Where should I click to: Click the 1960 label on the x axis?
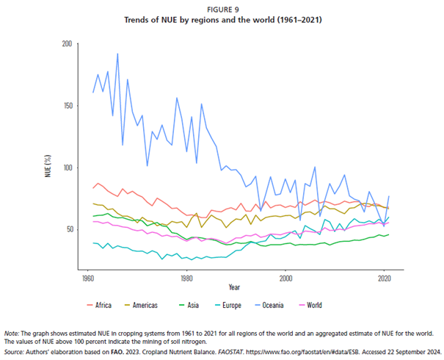tap(88, 279)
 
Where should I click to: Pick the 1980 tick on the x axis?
tap(186, 279)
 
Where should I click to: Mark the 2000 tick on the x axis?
tap(285, 279)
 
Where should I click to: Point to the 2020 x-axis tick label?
tap(384, 279)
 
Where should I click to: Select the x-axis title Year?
tap(235, 287)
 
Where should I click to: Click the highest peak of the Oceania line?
tap(117, 54)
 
